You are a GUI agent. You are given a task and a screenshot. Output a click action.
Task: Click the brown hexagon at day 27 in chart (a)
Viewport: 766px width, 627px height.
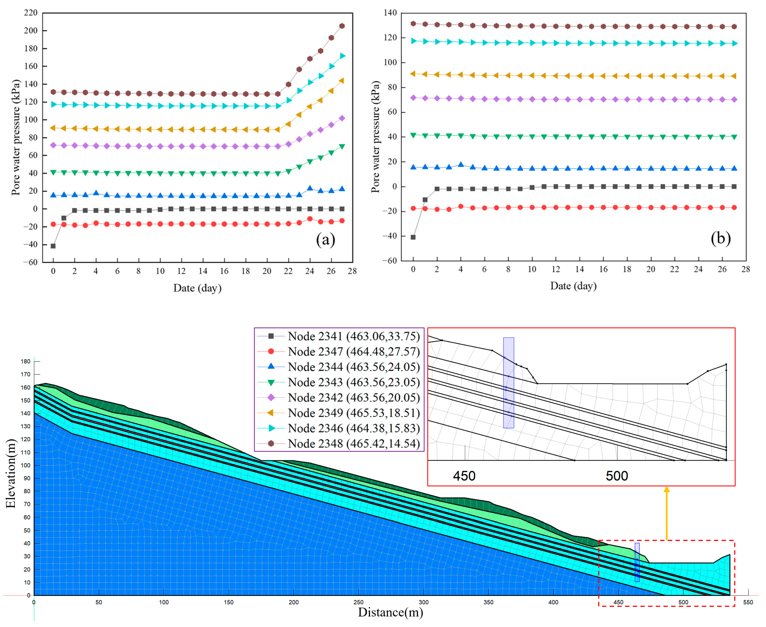[342, 26]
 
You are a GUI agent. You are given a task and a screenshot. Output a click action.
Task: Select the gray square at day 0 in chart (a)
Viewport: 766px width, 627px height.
[53, 246]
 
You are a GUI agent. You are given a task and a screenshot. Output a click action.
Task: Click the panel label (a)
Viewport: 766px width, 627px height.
[326, 239]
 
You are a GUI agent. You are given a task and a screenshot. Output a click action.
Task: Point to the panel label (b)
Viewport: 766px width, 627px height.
[721, 238]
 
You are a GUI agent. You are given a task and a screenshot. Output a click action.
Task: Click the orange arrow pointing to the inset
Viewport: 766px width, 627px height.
[666, 513]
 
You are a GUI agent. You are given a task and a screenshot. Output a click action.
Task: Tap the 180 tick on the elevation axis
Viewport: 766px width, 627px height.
[26, 361]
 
